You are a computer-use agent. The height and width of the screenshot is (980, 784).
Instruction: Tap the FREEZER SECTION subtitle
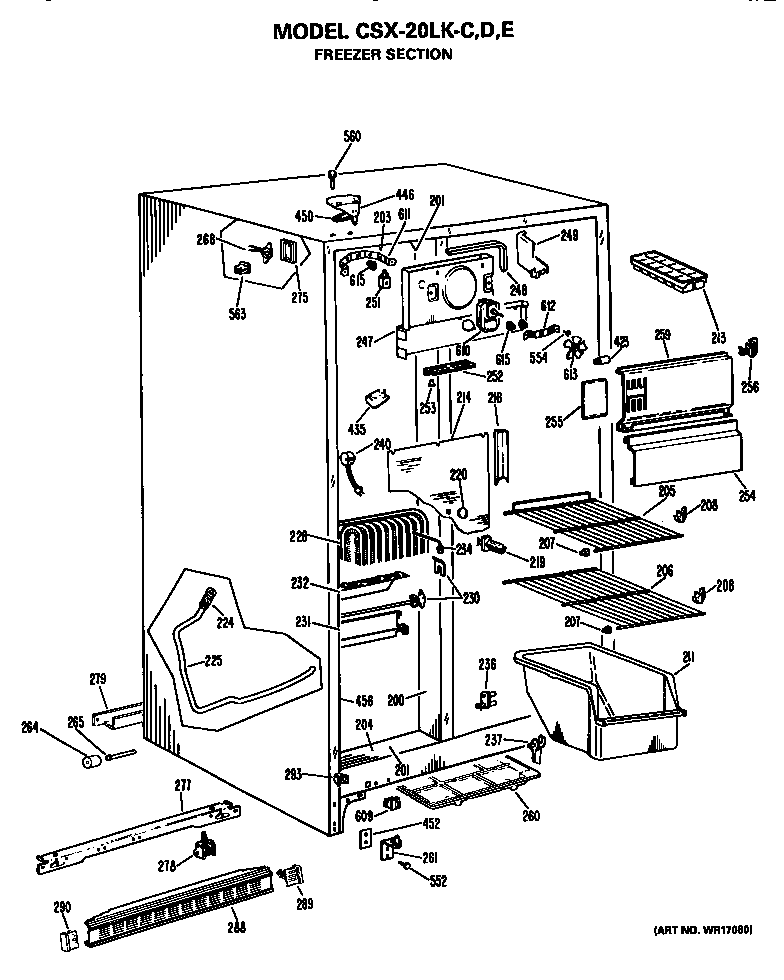383,55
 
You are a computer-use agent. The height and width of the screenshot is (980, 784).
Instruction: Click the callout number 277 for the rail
182,787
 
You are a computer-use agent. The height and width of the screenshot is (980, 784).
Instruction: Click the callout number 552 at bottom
437,881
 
